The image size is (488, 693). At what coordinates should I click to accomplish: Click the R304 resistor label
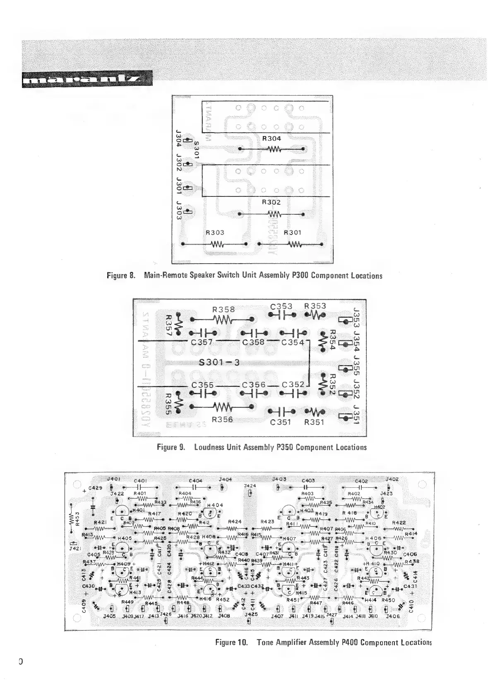[272, 138]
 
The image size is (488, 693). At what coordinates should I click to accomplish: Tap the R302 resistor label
[272, 202]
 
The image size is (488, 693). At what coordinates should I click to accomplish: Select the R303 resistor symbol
[218, 244]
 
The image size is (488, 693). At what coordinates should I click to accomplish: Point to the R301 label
[293, 233]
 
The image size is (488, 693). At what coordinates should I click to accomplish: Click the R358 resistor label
[224, 309]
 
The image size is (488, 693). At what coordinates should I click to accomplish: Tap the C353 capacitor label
[281, 306]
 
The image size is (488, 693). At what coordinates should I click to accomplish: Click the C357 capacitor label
[202, 342]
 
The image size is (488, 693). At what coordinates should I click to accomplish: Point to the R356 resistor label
[223, 419]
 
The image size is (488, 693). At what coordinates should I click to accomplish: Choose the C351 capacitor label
[281, 422]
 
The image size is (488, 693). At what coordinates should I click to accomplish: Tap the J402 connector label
[392, 479]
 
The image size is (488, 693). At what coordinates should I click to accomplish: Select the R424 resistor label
[235, 521]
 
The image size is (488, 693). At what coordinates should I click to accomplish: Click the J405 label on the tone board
[109, 616]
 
